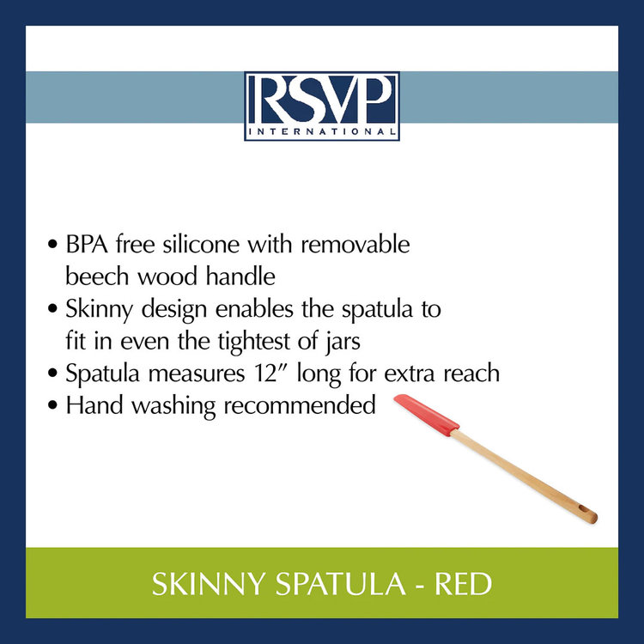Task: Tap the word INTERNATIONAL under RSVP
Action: click(x=321, y=132)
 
